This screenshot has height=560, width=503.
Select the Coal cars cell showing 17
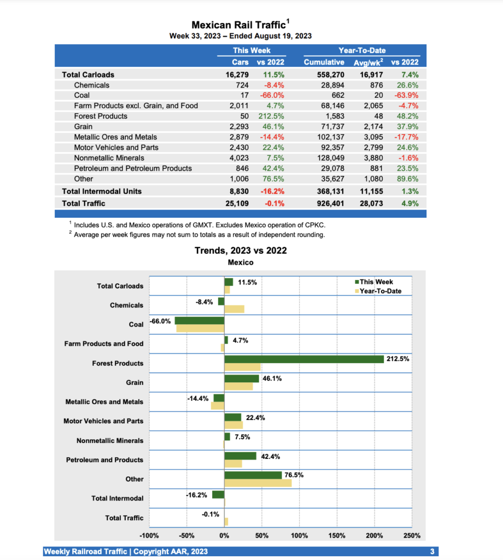[x=243, y=95]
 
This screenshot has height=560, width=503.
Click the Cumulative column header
[x=324, y=62]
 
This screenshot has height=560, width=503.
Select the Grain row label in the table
[x=83, y=126]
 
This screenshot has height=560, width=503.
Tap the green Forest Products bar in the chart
[x=303, y=359]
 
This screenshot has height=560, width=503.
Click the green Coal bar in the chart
[x=200, y=320]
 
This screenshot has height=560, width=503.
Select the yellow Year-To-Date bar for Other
[x=258, y=483]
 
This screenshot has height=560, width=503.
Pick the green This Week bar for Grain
[x=242, y=378]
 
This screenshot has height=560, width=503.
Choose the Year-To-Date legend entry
[x=380, y=291]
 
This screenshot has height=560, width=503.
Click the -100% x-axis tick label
[x=149, y=535]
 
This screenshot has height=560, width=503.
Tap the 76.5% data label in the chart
[x=294, y=475]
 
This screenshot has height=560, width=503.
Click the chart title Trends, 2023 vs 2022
[x=241, y=250]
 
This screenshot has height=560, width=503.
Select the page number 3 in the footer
[x=432, y=552]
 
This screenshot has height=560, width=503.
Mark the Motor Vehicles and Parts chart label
[x=103, y=421]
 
